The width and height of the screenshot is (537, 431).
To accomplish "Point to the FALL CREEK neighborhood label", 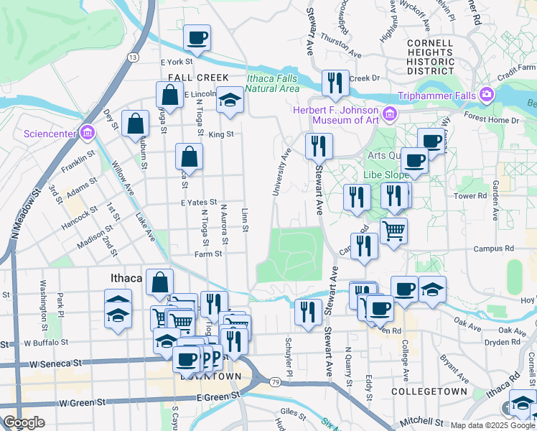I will [x=198, y=78].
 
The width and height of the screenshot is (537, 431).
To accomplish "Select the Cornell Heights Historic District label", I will [x=431, y=57].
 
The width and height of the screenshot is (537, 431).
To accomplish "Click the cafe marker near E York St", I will [x=197, y=38].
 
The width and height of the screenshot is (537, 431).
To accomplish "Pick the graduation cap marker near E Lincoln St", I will [x=230, y=101].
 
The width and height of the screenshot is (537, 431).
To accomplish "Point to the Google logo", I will [x=23, y=422].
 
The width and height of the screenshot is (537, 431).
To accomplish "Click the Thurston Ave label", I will [x=340, y=44].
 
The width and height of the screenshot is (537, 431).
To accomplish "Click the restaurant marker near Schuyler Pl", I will [x=308, y=312].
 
